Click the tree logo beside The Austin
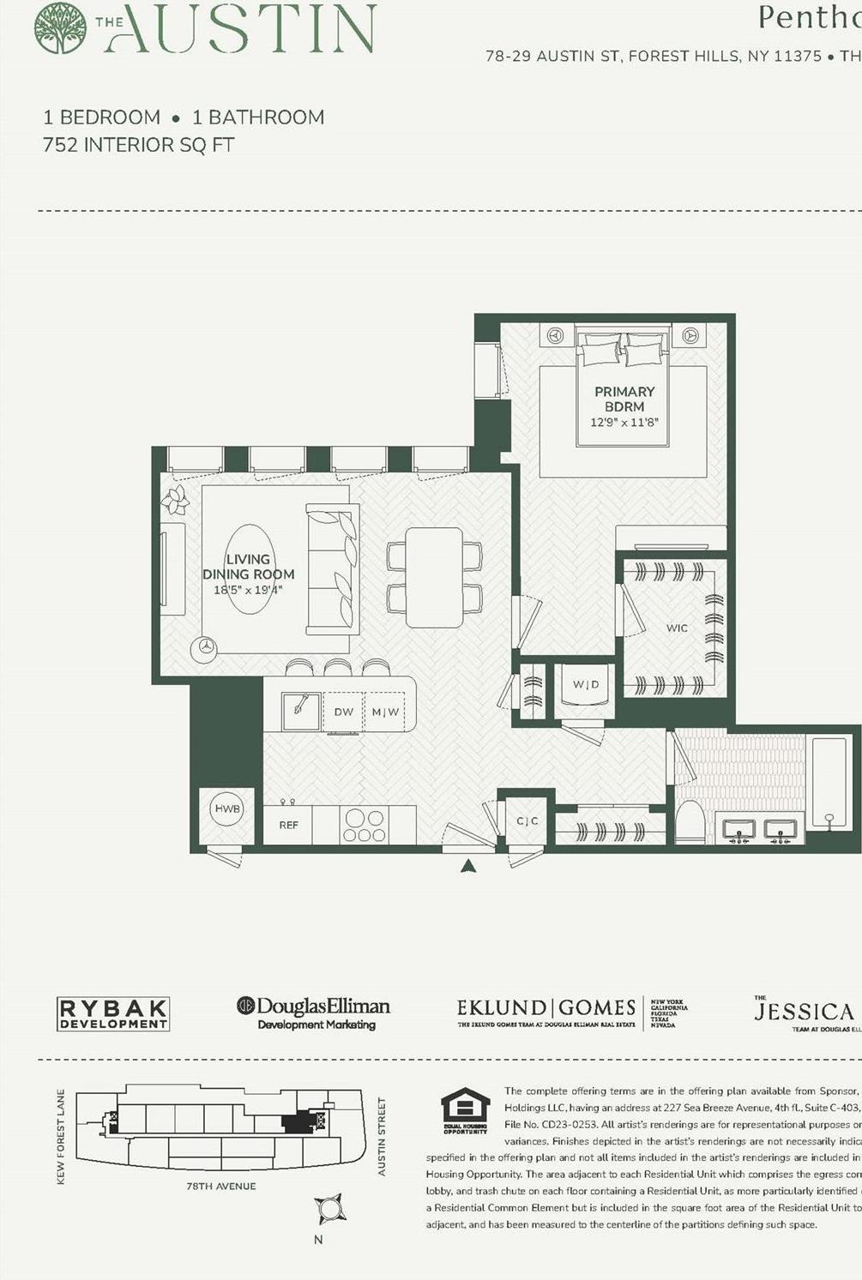click(x=60, y=27)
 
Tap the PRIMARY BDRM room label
click(x=624, y=400)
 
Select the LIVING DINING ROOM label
click(x=248, y=567)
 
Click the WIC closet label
click(x=677, y=628)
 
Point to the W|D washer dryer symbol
click(x=586, y=685)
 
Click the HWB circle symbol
click(x=227, y=808)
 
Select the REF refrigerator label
click(x=288, y=825)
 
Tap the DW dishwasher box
click(x=343, y=712)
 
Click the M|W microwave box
click(x=385, y=712)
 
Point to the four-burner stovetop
click(x=365, y=825)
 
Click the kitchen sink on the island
click(x=301, y=711)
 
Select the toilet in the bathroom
click(x=690, y=822)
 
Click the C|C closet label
click(x=527, y=821)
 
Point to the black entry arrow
click(x=467, y=867)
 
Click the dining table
click(x=434, y=577)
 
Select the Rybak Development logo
click(x=112, y=1013)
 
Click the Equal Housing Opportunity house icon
click(x=465, y=1109)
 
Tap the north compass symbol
click(x=329, y=1209)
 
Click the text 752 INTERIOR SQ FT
click(x=138, y=145)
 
